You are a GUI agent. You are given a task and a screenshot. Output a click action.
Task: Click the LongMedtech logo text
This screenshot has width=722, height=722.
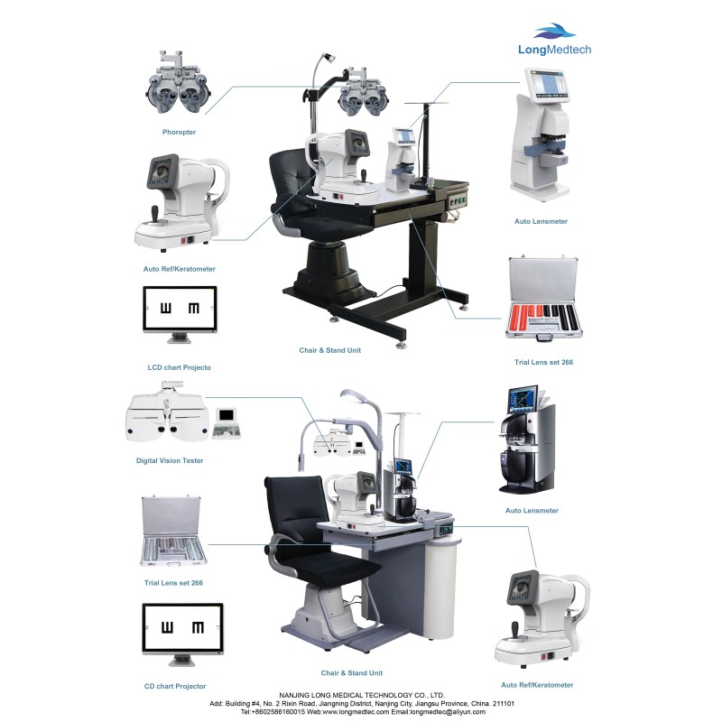click(555, 51)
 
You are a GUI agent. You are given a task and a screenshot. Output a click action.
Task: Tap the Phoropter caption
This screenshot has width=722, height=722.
click(179, 133)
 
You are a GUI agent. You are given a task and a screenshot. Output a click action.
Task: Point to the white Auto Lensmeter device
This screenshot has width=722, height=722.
click(541, 135)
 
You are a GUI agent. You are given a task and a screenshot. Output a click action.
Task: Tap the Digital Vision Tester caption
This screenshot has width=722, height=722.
click(170, 460)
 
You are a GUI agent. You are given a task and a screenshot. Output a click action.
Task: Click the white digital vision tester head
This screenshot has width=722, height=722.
click(165, 414)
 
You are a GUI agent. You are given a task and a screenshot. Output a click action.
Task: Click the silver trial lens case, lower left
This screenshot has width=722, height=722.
click(173, 532)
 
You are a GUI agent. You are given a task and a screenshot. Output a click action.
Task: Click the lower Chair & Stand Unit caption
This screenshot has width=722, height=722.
click(351, 673)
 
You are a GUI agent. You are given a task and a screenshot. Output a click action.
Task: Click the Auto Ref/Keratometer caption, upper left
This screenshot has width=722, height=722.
click(179, 269)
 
